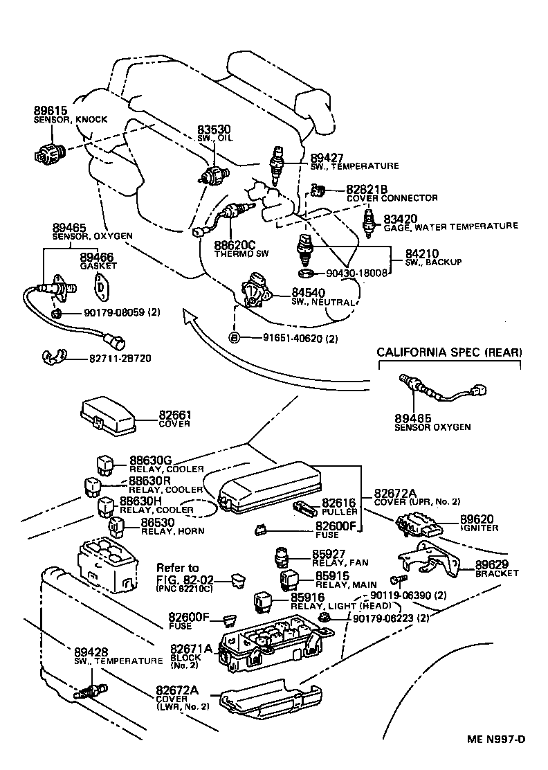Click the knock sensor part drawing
(48, 152)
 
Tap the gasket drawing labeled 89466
(102, 285)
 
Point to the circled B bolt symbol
(235, 337)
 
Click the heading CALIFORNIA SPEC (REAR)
(450, 352)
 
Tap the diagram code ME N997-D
(495, 739)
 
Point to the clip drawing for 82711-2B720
(53, 358)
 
